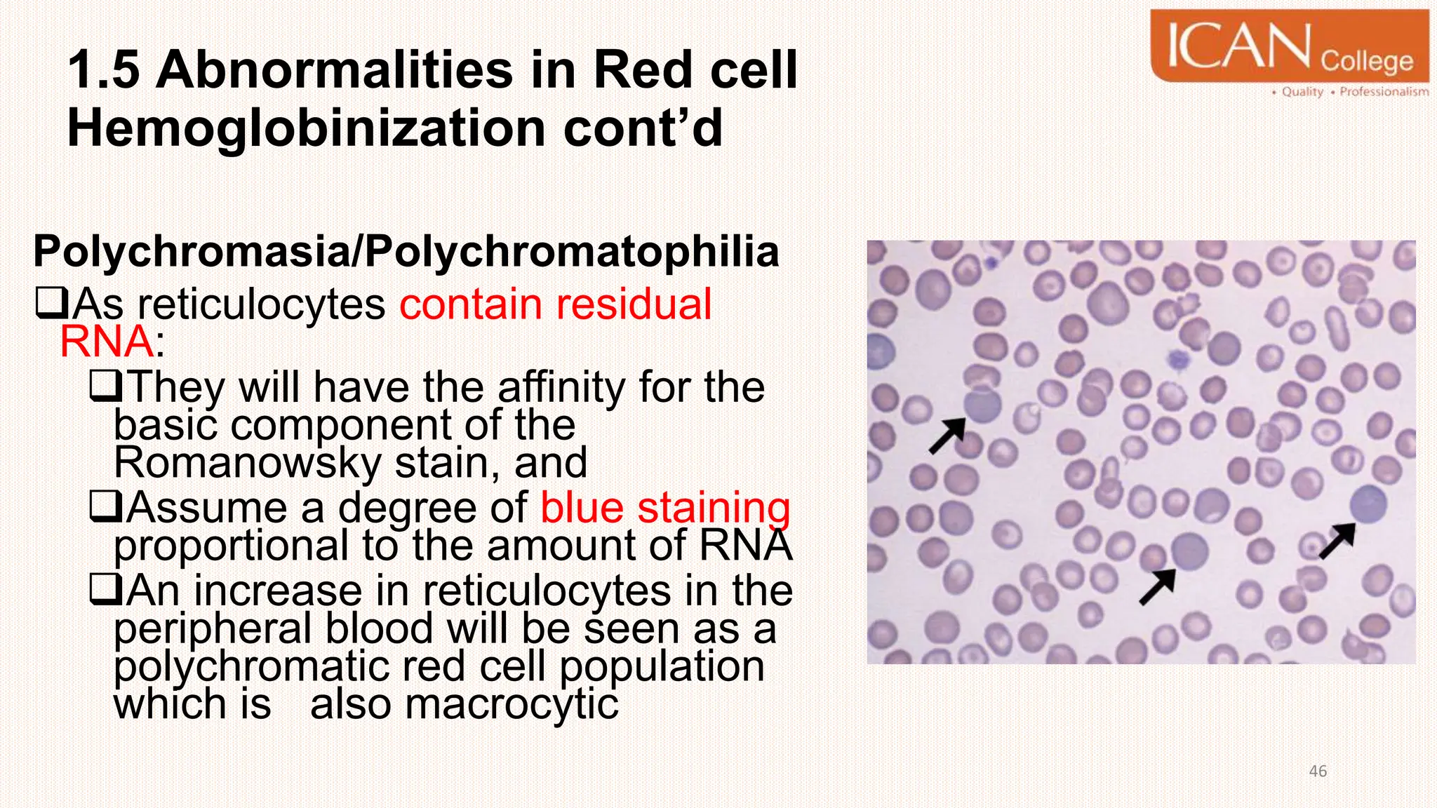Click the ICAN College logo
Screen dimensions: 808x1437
[1289, 46]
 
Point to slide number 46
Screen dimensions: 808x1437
[1318, 772]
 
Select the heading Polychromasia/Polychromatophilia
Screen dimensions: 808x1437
[406, 251]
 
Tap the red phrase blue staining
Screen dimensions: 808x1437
[665, 508]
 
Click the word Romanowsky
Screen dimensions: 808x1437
[248, 463]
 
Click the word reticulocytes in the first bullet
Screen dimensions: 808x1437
[261, 304]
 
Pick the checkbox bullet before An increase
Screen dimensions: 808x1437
[107, 591]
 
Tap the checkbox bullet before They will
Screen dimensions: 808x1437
[107, 386]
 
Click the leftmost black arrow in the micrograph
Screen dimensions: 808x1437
[947, 436]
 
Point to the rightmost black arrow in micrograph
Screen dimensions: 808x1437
[1337, 540]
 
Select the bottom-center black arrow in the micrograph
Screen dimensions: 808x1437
[1157, 586]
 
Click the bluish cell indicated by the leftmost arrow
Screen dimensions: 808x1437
[982, 405]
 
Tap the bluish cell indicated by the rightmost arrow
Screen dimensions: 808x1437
[1368, 504]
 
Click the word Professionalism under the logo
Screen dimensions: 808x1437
[1384, 92]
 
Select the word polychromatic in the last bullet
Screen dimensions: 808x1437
[251, 666]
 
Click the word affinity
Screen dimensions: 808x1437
[561, 387]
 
